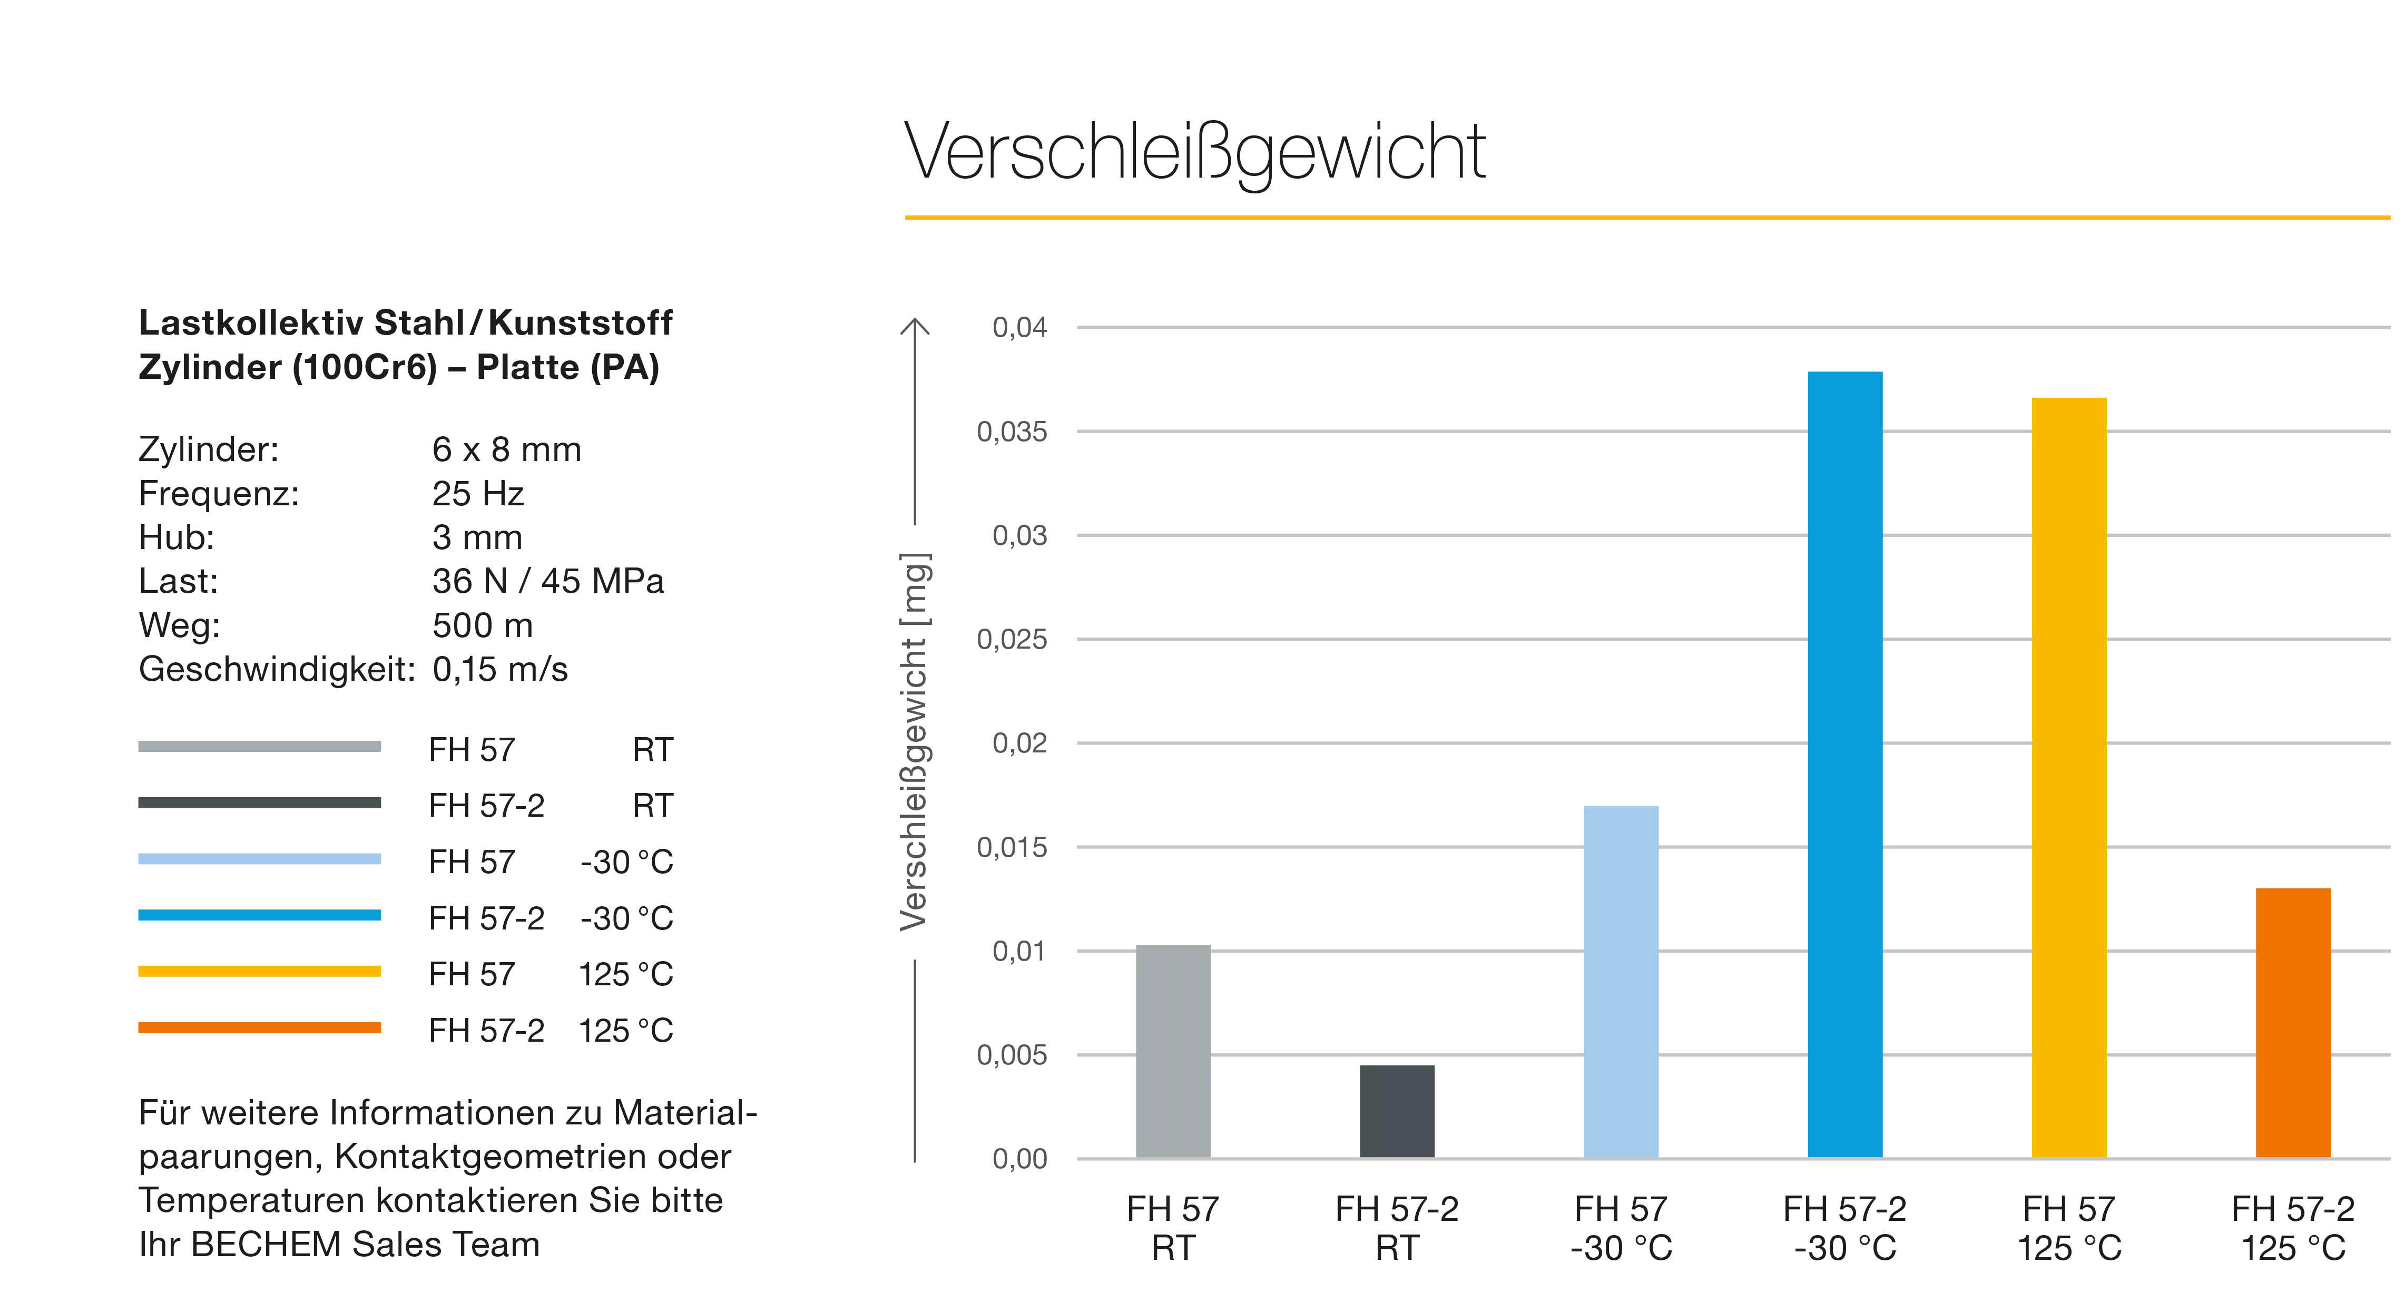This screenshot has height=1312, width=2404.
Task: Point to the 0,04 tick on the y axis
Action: (1019, 328)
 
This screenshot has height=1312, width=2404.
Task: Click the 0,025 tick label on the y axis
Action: (1014, 639)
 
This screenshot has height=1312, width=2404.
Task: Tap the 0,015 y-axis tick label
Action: (1014, 847)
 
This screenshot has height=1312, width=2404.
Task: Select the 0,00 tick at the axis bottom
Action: (1019, 1160)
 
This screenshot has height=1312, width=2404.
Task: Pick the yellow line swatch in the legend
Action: (259, 972)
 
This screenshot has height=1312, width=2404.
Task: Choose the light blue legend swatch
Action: (259, 859)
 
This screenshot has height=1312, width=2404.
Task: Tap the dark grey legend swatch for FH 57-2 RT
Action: (259, 802)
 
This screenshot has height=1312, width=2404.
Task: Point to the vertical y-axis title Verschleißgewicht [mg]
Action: (916, 742)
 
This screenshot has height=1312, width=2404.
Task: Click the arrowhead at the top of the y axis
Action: (915, 327)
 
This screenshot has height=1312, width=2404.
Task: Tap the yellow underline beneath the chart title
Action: (1647, 218)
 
